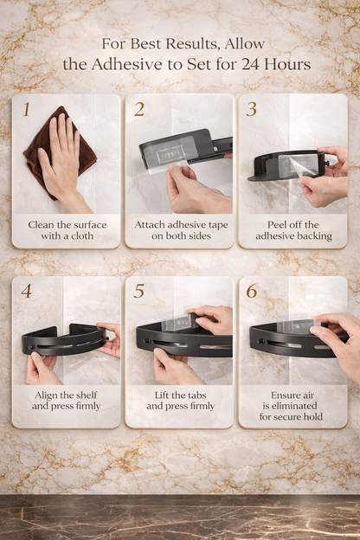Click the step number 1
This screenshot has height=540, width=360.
(x=27, y=109)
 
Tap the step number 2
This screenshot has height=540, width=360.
(x=139, y=109)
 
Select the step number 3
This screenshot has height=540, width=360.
(x=252, y=109)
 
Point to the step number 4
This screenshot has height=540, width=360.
(x=26, y=291)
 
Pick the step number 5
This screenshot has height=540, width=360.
(x=138, y=291)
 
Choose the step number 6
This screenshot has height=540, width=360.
(x=252, y=291)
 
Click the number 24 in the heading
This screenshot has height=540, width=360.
(x=251, y=64)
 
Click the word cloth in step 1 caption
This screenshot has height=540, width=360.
(x=83, y=236)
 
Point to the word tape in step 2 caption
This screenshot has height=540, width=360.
(x=218, y=225)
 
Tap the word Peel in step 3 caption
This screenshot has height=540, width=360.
(x=277, y=225)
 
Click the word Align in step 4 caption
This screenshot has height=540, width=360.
(x=45, y=395)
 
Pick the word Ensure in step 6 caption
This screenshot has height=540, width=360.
(x=283, y=395)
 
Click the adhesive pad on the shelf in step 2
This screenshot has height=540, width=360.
(x=165, y=155)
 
